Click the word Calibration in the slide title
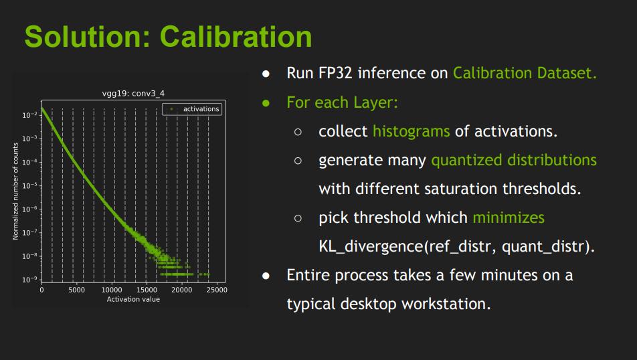(237, 37)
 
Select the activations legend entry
(201, 109)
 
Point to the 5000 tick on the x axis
(76, 290)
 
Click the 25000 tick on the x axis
(217, 290)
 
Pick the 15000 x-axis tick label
(147, 290)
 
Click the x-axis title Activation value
(133, 299)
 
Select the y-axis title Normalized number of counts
(15, 191)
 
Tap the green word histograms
(411, 131)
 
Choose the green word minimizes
(508, 217)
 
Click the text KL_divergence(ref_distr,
(407, 247)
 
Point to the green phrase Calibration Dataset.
(524, 73)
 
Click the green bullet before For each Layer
(266, 102)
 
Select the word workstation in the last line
(446, 304)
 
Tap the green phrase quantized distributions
(513, 161)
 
